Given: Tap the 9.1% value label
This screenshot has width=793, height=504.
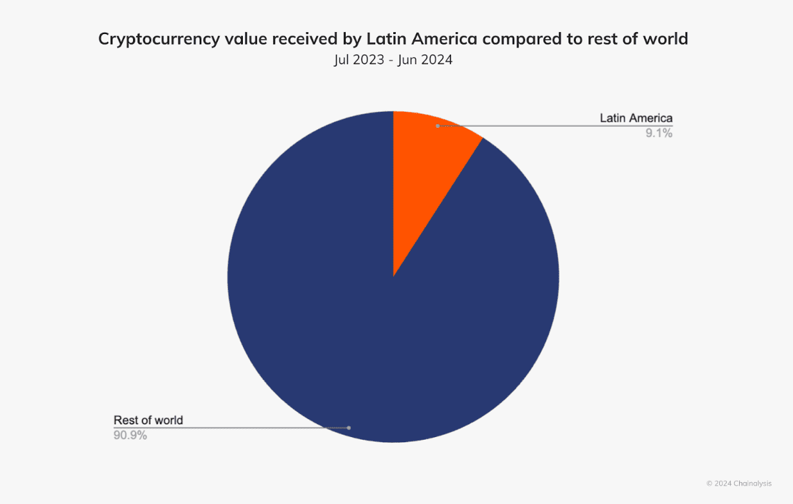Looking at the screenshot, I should click(659, 134).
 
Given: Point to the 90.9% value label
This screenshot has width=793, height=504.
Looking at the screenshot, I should click(130, 435).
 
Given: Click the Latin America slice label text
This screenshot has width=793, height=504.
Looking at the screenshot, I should click(636, 118).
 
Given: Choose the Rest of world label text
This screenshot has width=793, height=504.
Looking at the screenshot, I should click(148, 420).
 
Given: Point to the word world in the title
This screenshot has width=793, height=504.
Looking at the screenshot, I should click(666, 39).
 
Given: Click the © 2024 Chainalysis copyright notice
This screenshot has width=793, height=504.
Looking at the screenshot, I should click(739, 483).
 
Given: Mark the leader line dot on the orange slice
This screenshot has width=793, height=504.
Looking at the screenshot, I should click(438, 126).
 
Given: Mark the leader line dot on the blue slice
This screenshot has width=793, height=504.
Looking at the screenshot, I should click(348, 428).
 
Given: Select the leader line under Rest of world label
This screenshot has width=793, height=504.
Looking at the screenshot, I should click(225, 428).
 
